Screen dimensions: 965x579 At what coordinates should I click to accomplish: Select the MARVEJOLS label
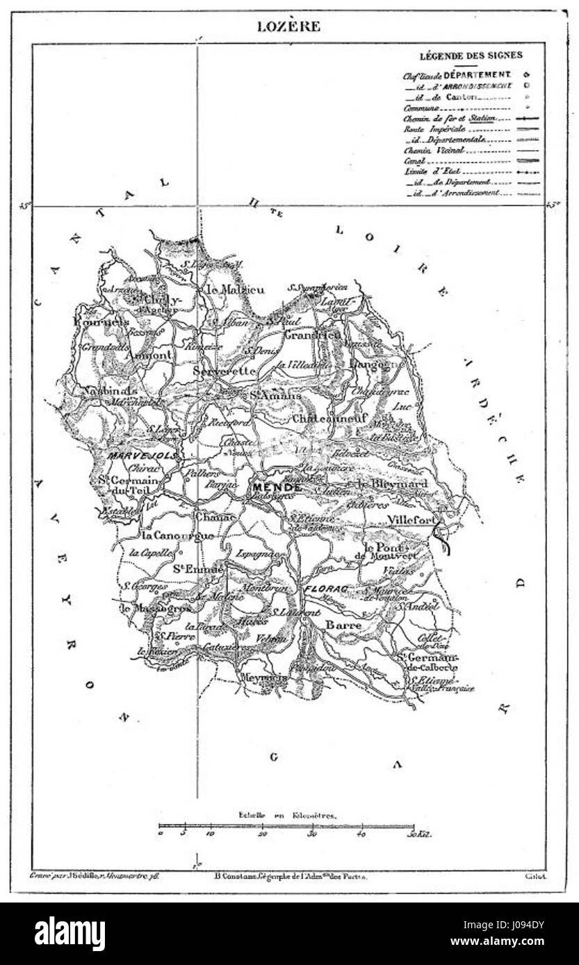(143, 455)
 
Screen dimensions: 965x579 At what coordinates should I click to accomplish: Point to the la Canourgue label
(171, 537)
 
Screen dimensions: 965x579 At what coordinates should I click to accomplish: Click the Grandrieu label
(313, 335)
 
